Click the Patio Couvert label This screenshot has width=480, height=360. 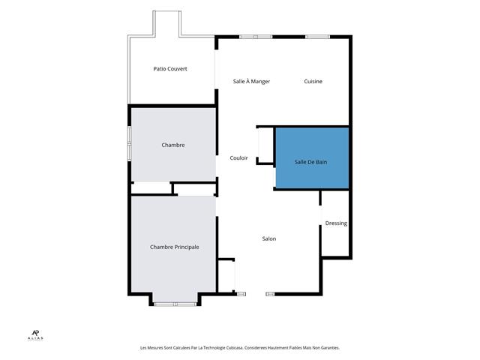click(x=170, y=69)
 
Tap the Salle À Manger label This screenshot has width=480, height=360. click(x=251, y=82)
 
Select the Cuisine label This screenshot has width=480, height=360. click(x=313, y=82)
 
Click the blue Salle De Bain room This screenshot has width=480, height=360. click(x=312, y=158)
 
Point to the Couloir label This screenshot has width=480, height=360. click(x=238, y=158)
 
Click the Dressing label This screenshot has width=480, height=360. click(x=336, y=223)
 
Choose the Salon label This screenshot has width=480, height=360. click(x=269, y=238)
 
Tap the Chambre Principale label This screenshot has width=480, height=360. click(x=175, y=247)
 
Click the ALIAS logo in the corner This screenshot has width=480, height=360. click(x=35, y=335)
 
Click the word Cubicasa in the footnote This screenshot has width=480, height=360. click(x=234, y=348)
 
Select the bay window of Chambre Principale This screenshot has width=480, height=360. click(x=175, y=304)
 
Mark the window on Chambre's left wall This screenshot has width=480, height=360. click(x=129, y=143)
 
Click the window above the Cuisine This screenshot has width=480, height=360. click(x=317, y=37)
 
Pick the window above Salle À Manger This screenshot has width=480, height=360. click(x=256, y=37)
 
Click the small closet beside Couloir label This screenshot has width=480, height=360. click(x=265, y=145)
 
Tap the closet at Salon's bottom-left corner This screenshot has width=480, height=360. click(x=226, y=276)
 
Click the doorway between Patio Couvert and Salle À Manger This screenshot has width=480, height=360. click(x=216, y=69)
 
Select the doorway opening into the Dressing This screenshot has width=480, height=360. click(x=320, y=215)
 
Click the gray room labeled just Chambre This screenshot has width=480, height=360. click(x=173, y=145)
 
